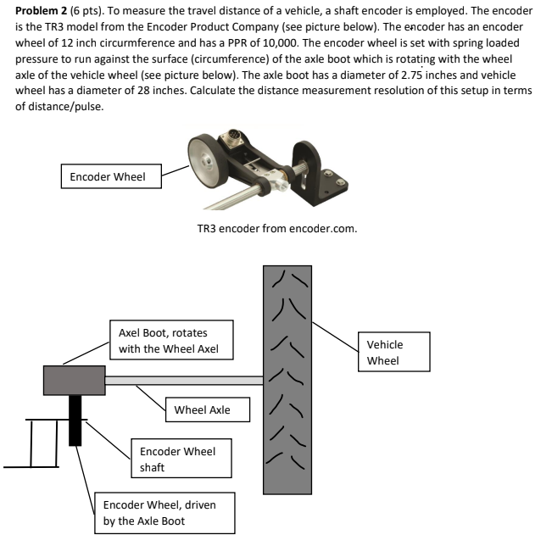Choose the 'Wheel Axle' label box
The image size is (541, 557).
pyautogui.click(x=209, y=410)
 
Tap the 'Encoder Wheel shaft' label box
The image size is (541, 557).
pyautogui.click(x=176, y=459)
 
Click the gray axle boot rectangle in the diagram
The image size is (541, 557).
pyautogui.click(x=74, y=381)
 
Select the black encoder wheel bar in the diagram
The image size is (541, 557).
pyautogui.click(x=76, y=420)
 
